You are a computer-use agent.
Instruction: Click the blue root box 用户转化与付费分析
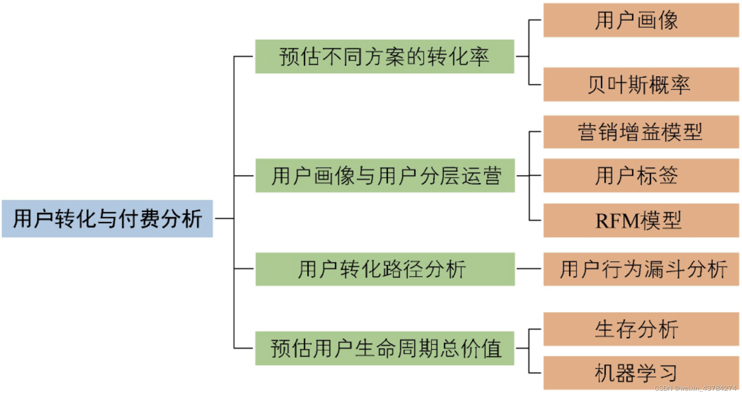pyautogui.click(x=107, y=218)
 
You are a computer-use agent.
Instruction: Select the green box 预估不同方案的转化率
pyautogui.click(x=384, y=57)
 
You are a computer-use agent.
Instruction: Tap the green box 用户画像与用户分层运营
pyautogui.click(x=385, y=176)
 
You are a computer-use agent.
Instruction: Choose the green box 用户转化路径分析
pyautogui.click(x=385, y=269)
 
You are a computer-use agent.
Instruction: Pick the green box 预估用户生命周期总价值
pyautogui.click(x=384, y=348)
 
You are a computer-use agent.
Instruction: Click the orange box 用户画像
pyautogui.click(x=640, y=20)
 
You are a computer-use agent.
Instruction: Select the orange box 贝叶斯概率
pyautogui.click(x=640, y=84)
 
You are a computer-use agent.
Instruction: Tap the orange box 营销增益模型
pyautogui.click(x=640, y=132)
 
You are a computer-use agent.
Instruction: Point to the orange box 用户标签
pyautogui.click(x=640, y=176)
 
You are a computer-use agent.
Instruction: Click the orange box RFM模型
pyautogui.click(x=640, y=220)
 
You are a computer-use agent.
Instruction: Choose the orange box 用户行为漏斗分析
pyautogui.click(x=640, y=269)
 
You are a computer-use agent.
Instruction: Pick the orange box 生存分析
pyautogui.click(x=640, y=329)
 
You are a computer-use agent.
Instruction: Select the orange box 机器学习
pyautogui.click(x=640, y=373)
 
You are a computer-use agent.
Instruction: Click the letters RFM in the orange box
pyautogui.click(x=617, y=221)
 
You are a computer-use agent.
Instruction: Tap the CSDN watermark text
pyautogui.click(x=695, y=388)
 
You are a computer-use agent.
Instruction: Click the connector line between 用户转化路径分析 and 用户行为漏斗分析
pyautogui.click(x=529, y=269)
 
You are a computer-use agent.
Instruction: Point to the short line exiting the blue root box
pyautogui.click(x=224, y=218)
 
